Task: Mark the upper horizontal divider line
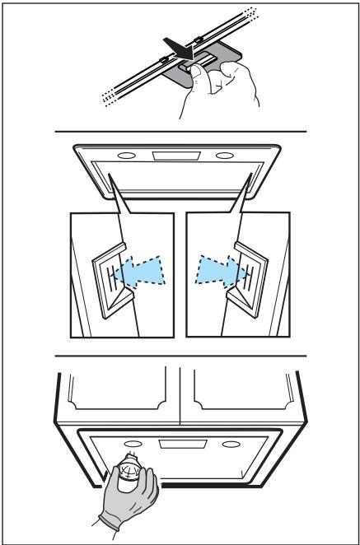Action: (180, 132)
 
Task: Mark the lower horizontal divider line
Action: (180, 356)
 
